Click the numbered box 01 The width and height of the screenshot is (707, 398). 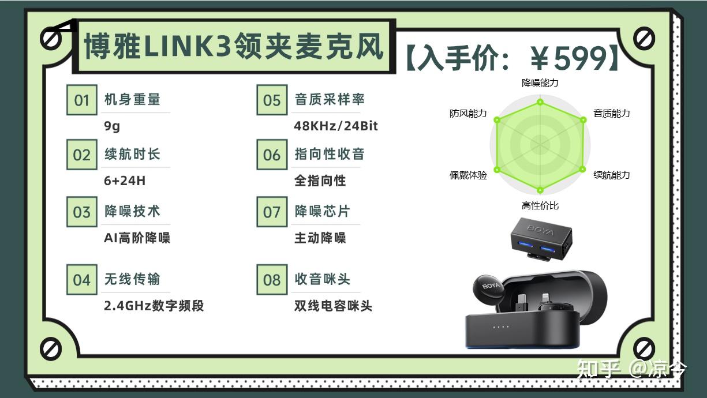[82, 100]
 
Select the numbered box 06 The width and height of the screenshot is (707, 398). [272, 155]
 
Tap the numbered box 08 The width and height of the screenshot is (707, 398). [272, 279]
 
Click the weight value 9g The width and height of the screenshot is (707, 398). [112, 126]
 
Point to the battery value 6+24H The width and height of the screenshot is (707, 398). [125, 181]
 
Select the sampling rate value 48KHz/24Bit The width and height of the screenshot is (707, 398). [336, 126]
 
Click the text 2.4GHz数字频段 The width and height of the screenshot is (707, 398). [154, 306]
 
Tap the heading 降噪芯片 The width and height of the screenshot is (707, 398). [322, 211]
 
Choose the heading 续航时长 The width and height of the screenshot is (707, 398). [133, 154]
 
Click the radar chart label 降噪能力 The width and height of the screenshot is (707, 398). [540, 83]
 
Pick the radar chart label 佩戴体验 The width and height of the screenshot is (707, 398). [468, 175]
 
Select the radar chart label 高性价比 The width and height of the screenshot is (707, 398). [540, 206]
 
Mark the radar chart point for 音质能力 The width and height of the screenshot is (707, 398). [583, 120]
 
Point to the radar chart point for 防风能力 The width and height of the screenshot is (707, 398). [497, 120]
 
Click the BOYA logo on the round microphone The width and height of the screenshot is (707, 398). [491, 286]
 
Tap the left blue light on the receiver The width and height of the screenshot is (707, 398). [525, 245]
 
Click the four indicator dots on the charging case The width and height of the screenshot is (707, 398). [501, 326]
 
